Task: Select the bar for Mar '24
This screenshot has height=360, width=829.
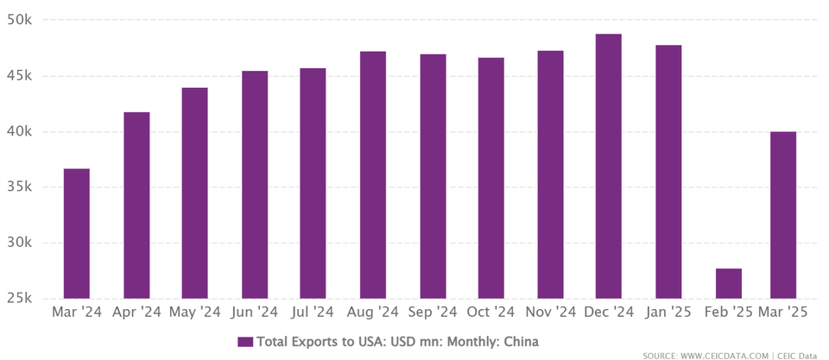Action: click(x=76, y=233)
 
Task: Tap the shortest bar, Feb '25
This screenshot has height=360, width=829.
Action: click(x=728, y=283)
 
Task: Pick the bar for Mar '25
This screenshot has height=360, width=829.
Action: click(x=783, y=215)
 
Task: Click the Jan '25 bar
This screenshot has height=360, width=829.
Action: click(x=668, y=171)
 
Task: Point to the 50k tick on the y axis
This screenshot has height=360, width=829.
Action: click(x=19, y=20)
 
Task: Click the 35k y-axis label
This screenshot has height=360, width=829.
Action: click(x=19, y=187)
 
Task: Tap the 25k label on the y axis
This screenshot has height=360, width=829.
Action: click(x=19, y=299)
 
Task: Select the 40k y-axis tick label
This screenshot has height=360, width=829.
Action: click(x=19, y=131)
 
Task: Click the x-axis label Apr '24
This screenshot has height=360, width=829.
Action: click(x=136, y=312)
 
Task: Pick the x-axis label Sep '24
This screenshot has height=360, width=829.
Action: click(x=433, y=312)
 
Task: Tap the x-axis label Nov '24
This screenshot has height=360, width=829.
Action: click(x=550, y=312)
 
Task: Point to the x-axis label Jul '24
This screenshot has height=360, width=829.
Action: click(x=313, y=312)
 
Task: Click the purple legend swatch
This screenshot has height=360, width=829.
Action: click(x=245, y=342)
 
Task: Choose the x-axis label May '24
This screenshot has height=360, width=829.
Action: click(x=195, y=312)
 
